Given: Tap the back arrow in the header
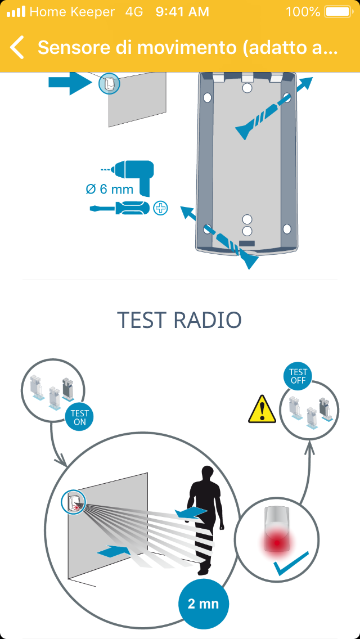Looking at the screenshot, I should click(17, 48).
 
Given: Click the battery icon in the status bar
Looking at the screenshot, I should click(337, 11).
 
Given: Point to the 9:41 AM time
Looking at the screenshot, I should click(182, 11).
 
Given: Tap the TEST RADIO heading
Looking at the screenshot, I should click(179, 320).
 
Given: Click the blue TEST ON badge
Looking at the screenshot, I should click(79, 417).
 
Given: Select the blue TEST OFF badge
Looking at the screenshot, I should click(298, 376).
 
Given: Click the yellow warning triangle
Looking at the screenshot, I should click(262, 409).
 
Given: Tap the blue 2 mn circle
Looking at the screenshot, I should click(202, 604).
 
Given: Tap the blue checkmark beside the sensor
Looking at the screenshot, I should click(291, 564).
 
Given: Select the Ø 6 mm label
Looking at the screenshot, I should click(110, 190).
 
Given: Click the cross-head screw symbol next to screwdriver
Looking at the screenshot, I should click(161, 208).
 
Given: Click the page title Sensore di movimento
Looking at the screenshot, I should click(187, 48).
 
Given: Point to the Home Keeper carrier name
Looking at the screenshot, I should click(72, 11).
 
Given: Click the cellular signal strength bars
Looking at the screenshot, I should click(16, 11).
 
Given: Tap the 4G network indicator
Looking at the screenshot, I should click(134, 11).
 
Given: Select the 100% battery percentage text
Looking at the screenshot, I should click(303, 11).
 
